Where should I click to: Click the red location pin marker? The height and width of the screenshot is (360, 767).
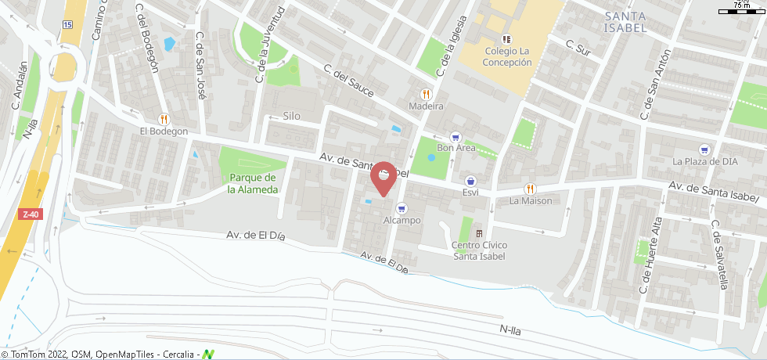coord(382,177)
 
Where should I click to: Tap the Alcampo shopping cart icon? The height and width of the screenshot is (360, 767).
coord(402,208)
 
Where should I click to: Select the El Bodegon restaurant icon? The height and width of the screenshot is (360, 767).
coord(164,119)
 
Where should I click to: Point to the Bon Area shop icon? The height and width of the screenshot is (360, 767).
coord(456,135)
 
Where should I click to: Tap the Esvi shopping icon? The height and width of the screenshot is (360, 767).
coord(470,180)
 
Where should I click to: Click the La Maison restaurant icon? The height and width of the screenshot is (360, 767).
coord(531,188)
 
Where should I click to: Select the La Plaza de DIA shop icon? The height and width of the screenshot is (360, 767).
coord(705,149)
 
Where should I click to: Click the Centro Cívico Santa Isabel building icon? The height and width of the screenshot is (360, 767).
coord(478,233)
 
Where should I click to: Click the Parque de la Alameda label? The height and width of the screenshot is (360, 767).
coord(253,184)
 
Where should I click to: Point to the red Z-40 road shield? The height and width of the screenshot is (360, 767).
coord(31,214)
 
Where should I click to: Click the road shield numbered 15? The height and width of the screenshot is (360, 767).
coord(67,25)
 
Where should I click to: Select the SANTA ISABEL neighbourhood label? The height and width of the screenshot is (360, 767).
coord(625,22)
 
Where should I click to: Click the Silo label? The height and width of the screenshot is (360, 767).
coord(291,116)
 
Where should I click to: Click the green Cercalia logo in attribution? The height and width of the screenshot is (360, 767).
coord(208,355)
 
